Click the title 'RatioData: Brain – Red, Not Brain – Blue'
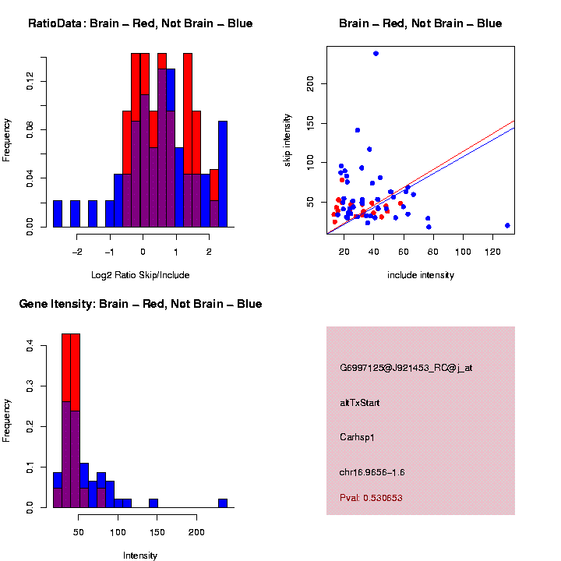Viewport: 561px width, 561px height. pos(140,23)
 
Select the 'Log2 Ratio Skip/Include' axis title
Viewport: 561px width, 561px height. pos(140,274)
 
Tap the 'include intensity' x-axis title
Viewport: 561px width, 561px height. pos(421,274)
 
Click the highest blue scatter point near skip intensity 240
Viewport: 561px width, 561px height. pos(376,54)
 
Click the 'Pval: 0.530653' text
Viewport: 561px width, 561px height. pos(371,497)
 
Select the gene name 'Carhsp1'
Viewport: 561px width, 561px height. pos(358,437)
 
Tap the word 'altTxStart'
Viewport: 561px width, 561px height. pos(360,403)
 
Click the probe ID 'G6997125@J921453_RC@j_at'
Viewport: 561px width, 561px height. pos(406,368)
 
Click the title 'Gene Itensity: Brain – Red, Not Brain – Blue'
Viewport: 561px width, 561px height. pos(140,304)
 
